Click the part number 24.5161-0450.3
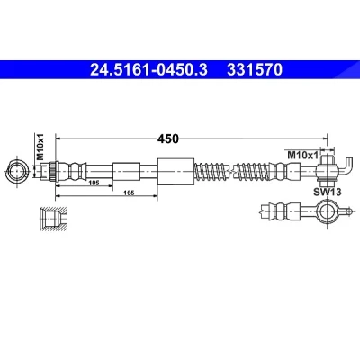[x=148, y=70]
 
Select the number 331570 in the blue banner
[x=255, y=70]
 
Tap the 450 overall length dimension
[x=168, y=139]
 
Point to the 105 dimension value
[x=94, y=183]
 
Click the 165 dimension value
[x=129, y=193]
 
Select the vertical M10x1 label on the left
[x=40, y=147]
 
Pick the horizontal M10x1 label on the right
[x=302, y=155]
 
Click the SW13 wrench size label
[x=328, y=192]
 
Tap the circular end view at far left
[x=17, y=172]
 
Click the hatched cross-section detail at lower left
[x=53, y=219]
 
